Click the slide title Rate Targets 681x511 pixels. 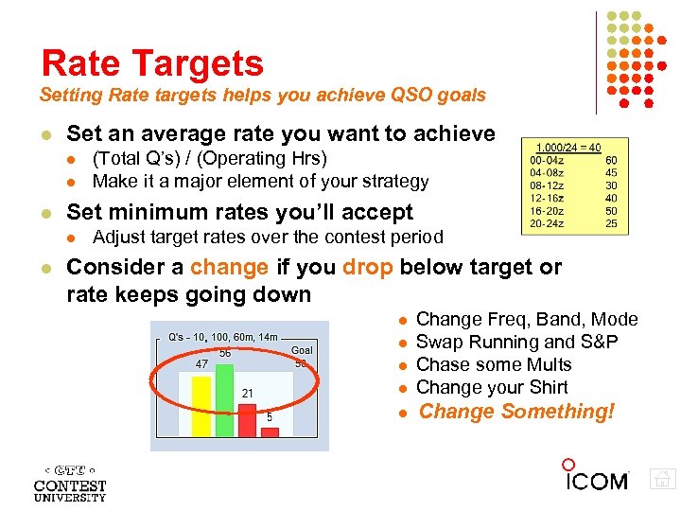pos(152,63)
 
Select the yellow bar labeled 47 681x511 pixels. pos(201,405)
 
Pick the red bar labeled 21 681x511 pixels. pos(247,419)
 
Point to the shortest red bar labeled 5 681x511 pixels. pos(270,431)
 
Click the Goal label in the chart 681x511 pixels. pos(302,349)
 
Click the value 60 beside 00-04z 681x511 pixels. pos(611,161)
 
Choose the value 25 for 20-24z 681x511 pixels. pos(611,223)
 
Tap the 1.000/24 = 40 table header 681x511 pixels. pos(567,148)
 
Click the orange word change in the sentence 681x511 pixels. pos(229,267)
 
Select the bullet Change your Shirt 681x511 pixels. pos(492,387)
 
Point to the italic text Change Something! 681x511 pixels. pos(516,412)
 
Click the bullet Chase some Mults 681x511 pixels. pos(494,364)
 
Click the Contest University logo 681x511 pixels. pos(70,483)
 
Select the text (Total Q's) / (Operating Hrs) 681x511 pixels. pos(210,158)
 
